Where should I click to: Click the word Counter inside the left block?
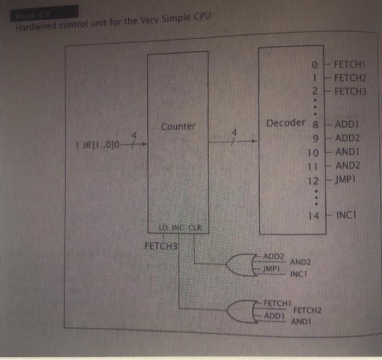(178, 127)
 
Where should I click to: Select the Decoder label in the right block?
(285, 122)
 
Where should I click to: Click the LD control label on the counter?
(163, 227)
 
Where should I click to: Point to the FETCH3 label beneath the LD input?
(162, 246)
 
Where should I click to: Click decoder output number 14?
(313, 215)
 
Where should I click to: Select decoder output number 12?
(313, 180)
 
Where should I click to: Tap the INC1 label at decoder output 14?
(347, 215)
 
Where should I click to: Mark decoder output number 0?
(314, 65)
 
